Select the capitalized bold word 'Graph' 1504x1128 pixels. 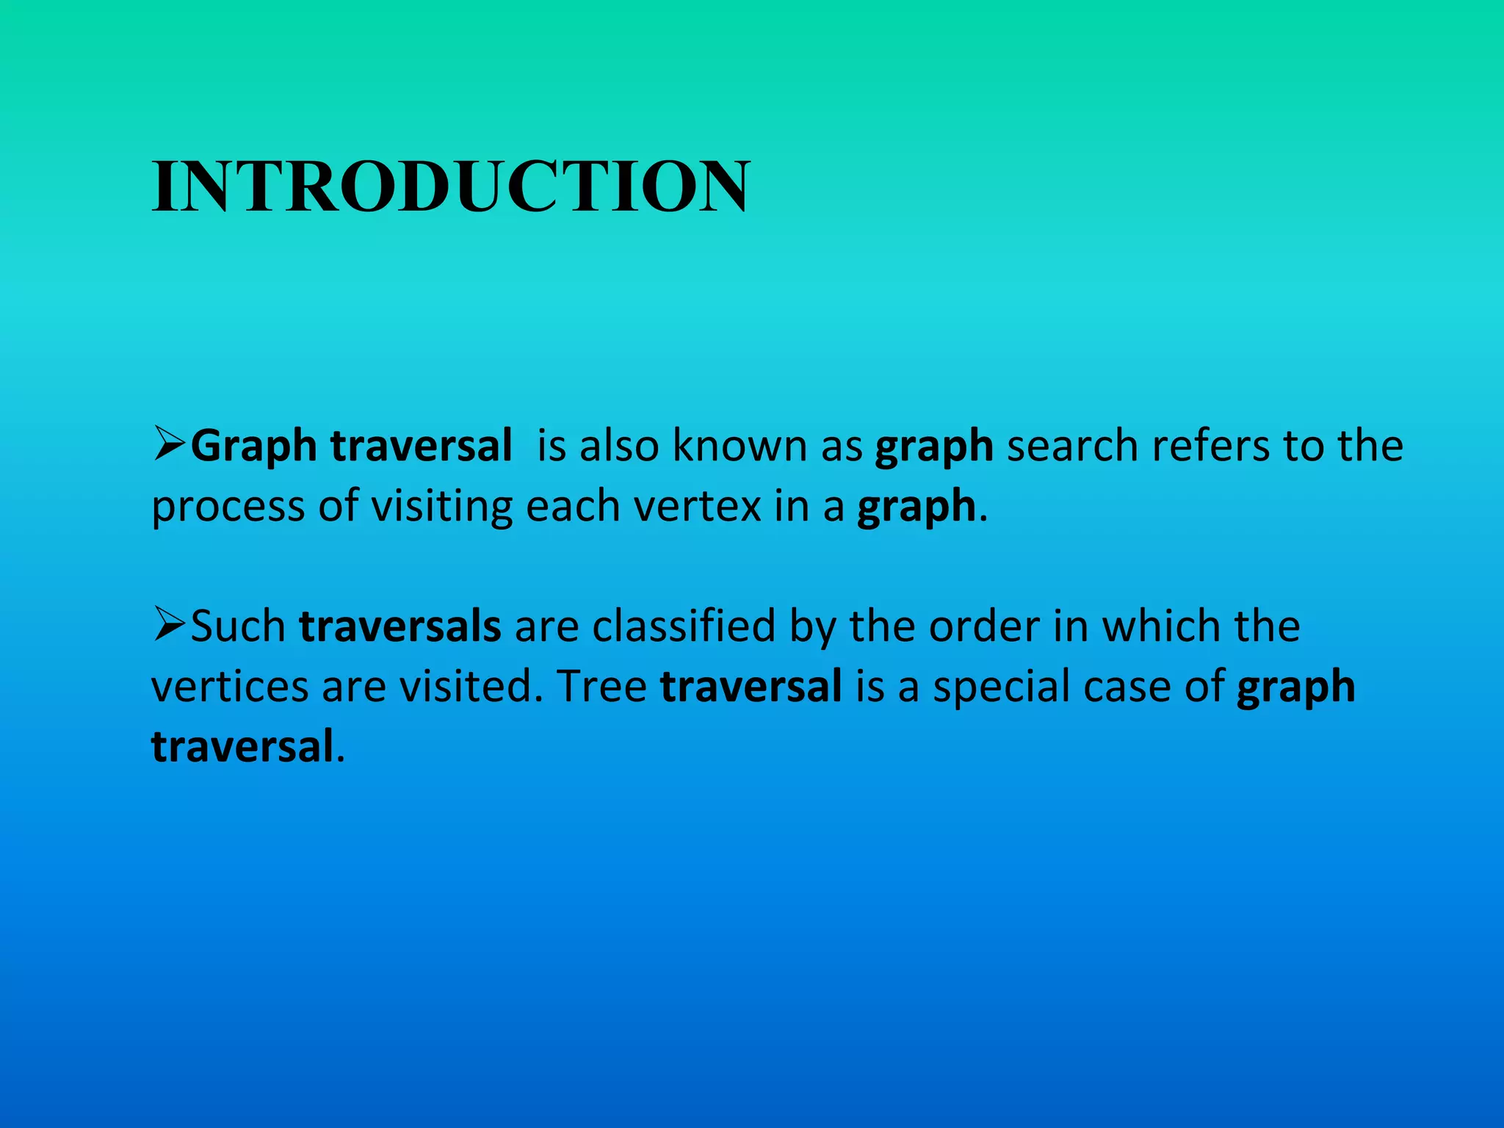click(x=253, y=446)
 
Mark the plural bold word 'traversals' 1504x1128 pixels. click(x=400, y=626)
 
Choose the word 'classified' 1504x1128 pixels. click(x=684, y=626)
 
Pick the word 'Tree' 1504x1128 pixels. click(x=601, y=687)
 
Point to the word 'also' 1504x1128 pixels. click(x=619, y=445)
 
